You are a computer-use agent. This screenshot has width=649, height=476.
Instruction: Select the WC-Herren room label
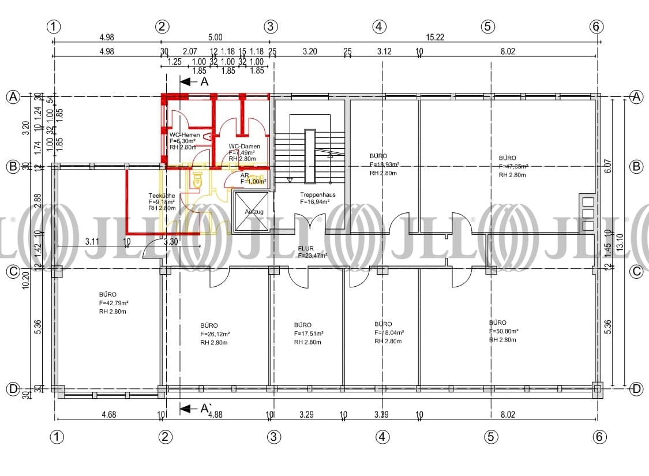[185, 135]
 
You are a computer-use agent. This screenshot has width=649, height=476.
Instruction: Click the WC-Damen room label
[244, 147]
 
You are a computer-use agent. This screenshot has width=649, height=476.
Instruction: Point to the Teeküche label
[161, 195]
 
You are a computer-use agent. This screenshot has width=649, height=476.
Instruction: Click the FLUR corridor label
[306, 248]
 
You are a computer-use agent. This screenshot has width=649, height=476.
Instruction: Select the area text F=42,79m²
[114, 303]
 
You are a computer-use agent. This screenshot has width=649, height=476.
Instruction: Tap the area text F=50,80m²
[504, 331]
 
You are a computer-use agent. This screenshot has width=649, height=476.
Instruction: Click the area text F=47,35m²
[513, 166]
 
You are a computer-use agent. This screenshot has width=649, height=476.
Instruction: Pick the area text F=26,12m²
[215, 333]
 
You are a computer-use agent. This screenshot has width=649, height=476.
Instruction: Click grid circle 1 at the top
[54, 26]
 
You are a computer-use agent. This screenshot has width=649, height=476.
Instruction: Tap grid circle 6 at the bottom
[599, 437]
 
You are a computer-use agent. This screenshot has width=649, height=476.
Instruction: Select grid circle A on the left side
[12, 97]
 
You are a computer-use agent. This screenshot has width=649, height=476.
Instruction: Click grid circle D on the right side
[636, 389]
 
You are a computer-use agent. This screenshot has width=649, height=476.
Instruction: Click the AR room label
[245, 175]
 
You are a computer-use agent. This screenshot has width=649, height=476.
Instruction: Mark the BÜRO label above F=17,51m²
[302, 325]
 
